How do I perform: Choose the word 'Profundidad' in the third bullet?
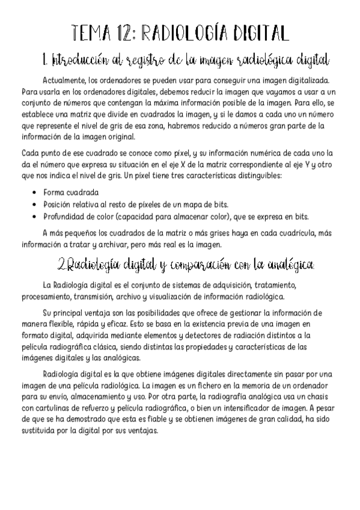pyautogui.click(x=67, y=217)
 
